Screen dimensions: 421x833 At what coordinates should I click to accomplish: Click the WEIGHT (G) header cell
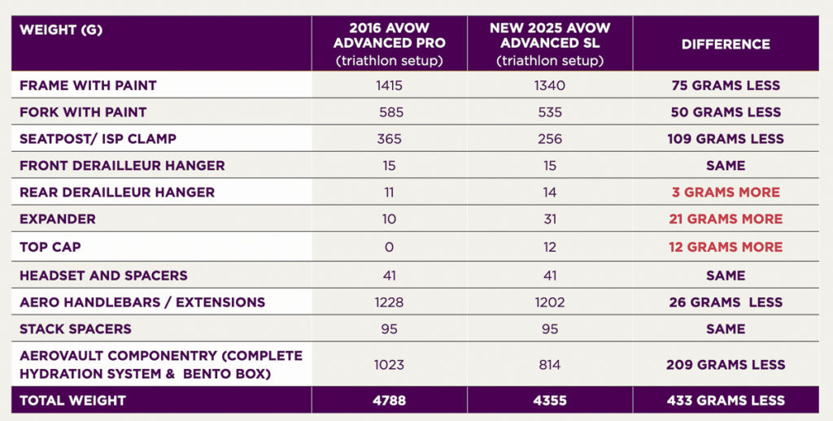click(56, 30)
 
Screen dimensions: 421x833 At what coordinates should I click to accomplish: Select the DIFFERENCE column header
click(726, 44)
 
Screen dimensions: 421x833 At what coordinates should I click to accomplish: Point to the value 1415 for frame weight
click(389, 85)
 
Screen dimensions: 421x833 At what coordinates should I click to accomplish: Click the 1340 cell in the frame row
click(549, 85)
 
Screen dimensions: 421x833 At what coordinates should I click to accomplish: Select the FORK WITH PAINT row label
click(83, 112)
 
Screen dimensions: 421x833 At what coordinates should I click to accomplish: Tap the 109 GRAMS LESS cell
click(726, 139)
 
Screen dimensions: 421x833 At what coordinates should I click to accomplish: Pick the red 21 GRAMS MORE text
click(726, 219)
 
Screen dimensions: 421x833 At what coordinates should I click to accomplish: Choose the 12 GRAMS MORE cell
click(726, 247)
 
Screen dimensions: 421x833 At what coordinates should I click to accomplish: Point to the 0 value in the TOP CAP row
click(389, 247)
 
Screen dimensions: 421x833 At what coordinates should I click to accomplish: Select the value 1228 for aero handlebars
click(389, 302)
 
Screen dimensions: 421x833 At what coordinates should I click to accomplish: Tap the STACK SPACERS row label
click(76, 329)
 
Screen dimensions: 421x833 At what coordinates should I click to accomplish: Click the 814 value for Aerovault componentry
click(549, 365)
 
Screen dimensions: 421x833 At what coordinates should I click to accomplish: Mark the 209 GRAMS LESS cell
click(726, 365)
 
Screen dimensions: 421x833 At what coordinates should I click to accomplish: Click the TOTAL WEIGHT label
click(72, 400)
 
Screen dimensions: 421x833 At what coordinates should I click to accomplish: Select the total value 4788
click(389, 400)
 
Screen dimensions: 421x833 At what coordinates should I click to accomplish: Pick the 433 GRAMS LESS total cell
click(726, 400)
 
